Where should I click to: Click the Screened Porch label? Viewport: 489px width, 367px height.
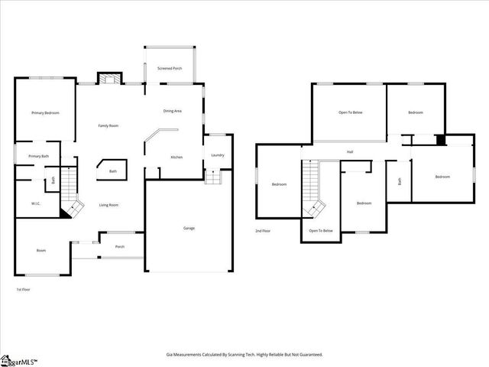click(170, 68)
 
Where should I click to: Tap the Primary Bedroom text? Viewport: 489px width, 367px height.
click(45, 113)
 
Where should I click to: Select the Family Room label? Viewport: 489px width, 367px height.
click(108, 125)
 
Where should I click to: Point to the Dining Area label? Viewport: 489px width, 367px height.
click(172, 111)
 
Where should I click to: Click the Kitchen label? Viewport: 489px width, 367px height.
click(176, 157)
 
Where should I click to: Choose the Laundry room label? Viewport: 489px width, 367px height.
click(218, 155)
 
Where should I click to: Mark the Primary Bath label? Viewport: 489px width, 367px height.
click(39, 156)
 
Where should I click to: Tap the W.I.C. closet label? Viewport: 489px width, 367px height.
click(36, 203)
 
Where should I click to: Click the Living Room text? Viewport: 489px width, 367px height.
click(108, 205)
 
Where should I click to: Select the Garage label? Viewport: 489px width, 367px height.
click(189, 228)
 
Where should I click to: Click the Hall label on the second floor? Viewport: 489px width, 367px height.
click(350, 151)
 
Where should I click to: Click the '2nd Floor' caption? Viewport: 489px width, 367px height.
click(264, 230)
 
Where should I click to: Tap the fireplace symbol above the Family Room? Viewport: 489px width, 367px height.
click(108, 78)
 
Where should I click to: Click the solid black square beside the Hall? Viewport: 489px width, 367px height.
click(440, 140)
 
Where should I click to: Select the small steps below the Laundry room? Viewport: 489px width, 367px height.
click(212, 177)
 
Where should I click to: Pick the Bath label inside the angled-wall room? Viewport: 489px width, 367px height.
click(113, 171)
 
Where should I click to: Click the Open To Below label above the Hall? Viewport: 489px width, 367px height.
click(350, 112)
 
